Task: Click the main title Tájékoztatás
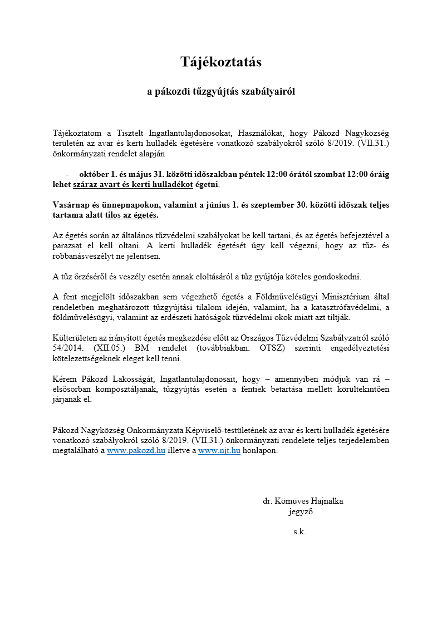tap(221, 62)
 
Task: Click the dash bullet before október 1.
tap(67, 174)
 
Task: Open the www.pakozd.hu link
tap(136, 451)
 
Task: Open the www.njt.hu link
tap(219, 451)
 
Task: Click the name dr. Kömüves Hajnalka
tap(303, 501)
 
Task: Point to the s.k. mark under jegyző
tap(299, 532)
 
